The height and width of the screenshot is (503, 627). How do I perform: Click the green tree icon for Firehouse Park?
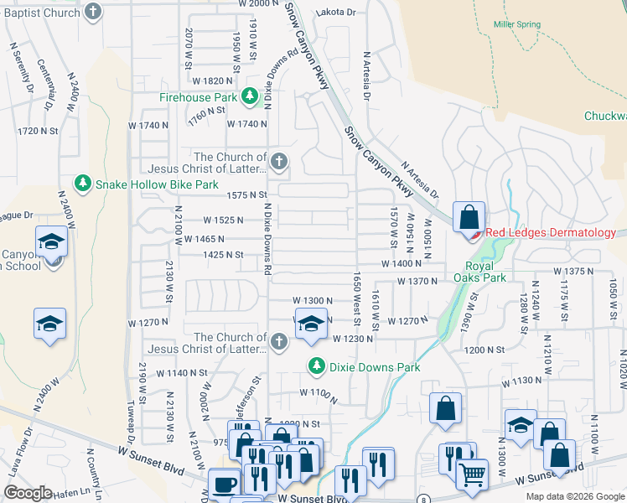point(249,97)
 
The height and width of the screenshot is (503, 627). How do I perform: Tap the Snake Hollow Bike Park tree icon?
point(82,183)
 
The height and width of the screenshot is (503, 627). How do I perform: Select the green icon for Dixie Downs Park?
point(316,366)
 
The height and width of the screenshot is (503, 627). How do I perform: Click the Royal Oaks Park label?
point(479,271)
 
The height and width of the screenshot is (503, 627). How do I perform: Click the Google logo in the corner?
point(28,493)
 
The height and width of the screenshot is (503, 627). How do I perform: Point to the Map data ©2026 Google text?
point(574,496)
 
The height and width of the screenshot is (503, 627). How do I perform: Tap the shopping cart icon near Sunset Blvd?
point(472,474)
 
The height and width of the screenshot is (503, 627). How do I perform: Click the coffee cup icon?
point(224,484)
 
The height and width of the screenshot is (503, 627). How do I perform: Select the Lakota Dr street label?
point(335,13)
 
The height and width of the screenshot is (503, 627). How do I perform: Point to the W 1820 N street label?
point(212,80)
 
